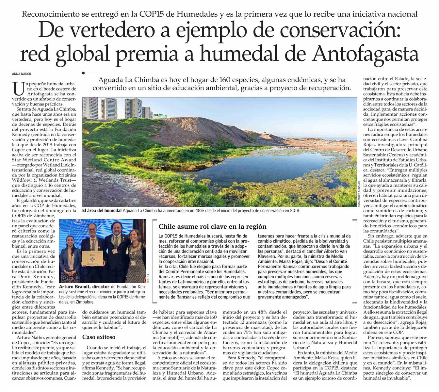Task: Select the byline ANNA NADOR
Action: (x=22, y=74)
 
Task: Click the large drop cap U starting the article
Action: (x=18, y=89)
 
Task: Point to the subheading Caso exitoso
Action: (x=99, y=337)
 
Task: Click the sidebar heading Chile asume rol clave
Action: (x=212, y=226)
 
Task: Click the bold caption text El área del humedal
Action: (x=102, y=211)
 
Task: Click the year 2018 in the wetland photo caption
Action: (x=294, y=211)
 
